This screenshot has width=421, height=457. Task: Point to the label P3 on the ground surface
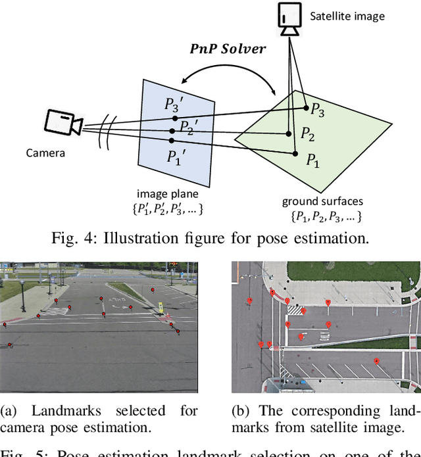pos(318,110)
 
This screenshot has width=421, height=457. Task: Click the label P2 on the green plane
pos(308,133)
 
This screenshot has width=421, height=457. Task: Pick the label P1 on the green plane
pos(312,159)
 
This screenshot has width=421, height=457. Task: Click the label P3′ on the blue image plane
pos(176,106)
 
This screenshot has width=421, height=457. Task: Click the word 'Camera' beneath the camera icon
pos(45,153)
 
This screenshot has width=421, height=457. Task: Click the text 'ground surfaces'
pos(322,201)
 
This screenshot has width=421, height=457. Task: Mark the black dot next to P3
pos(306,107)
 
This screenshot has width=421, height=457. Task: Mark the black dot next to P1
pos(294,153)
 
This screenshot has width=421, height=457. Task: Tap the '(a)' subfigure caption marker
pos(9,411)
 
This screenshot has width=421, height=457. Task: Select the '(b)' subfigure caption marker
pos(241,411)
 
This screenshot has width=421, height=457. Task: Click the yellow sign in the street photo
pos(160,306)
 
